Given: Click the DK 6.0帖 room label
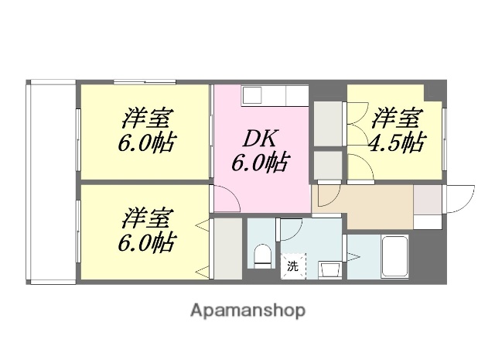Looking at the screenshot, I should (259, 151).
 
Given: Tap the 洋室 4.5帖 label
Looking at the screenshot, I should (398, 131).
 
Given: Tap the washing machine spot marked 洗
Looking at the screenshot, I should (292, 265).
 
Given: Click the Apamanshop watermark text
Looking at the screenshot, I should (247, 311).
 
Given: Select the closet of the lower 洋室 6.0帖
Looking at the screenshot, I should (227, 249).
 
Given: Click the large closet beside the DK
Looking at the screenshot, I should (328, 122).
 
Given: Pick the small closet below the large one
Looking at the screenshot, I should (328, 165).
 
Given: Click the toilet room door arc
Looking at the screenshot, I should (291, 230).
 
